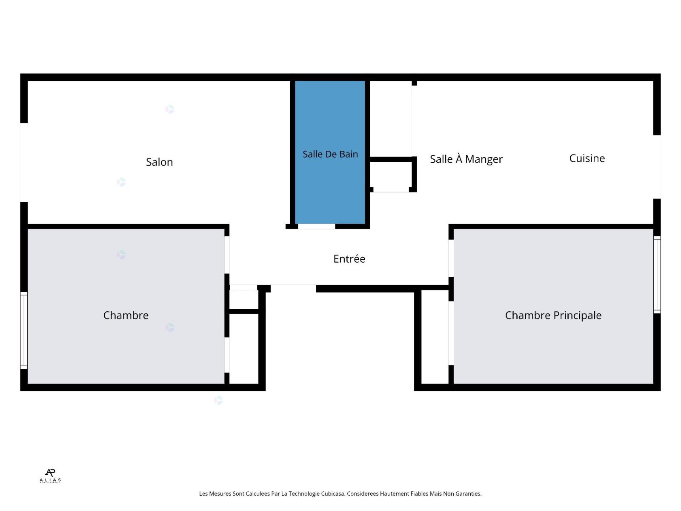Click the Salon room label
159,162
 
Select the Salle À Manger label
466,159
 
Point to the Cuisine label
587,158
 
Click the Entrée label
349,258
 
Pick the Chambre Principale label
553,315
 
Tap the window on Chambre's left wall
24,330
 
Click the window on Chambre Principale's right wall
657,275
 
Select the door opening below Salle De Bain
317,227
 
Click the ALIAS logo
50,476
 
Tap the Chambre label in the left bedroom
126,315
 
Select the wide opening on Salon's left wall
24,162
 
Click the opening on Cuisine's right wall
657,167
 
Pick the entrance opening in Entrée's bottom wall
293,288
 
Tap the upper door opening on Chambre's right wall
227,255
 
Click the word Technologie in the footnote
304,494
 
